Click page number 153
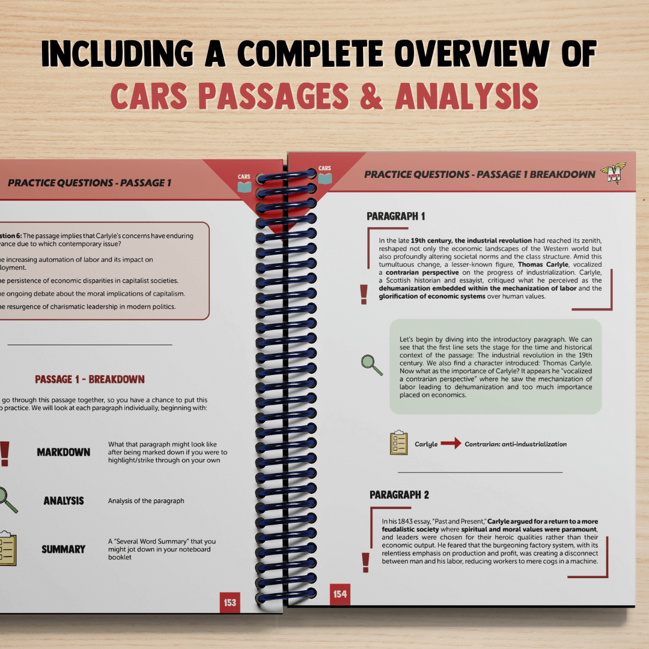coord(230,602)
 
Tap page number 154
coord(340,594)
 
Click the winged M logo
coord(615,174)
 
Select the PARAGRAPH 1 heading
coord(395,216)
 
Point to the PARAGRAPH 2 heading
coord(399,495)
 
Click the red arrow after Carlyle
coord(451,444)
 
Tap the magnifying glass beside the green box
coord(371,364)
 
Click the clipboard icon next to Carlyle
coord(398,443)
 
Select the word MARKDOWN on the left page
coord(64,452)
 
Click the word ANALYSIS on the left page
coord(64,501)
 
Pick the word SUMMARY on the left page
coord(63,549)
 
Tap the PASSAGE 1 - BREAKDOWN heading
coord(90,379)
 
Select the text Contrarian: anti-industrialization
coord(516,444)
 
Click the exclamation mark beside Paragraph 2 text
coord(365,562)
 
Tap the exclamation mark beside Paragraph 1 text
coord(363,294)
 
